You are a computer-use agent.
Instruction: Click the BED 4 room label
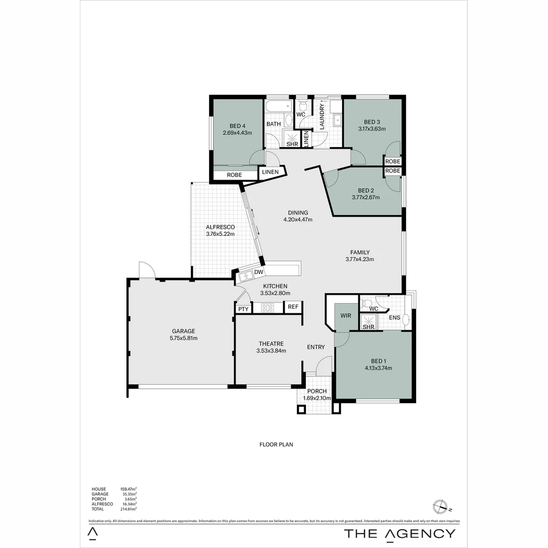[237, 126]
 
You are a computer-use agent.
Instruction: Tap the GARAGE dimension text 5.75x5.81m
[183, 338]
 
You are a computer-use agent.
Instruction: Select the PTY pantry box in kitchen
[243, 309]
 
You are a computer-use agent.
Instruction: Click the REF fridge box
[293, 307]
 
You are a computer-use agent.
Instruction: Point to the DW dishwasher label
[258, 272]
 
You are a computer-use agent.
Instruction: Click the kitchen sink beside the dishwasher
[246, 276]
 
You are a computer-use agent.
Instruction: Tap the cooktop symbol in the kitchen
[267, 307]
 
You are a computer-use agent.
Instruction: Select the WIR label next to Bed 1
[346, 316]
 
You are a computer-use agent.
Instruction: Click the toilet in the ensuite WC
[366, 303]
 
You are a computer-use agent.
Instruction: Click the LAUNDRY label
[322, 116]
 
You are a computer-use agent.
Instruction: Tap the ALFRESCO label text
[220, 227]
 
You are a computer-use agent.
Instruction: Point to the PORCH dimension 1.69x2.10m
[317, 398]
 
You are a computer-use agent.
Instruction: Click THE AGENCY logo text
[400, 533]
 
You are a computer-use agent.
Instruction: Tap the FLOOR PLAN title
[276, 444]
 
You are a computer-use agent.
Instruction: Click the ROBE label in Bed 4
[234, 175]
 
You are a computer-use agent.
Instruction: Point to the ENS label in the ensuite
[395, 318]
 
